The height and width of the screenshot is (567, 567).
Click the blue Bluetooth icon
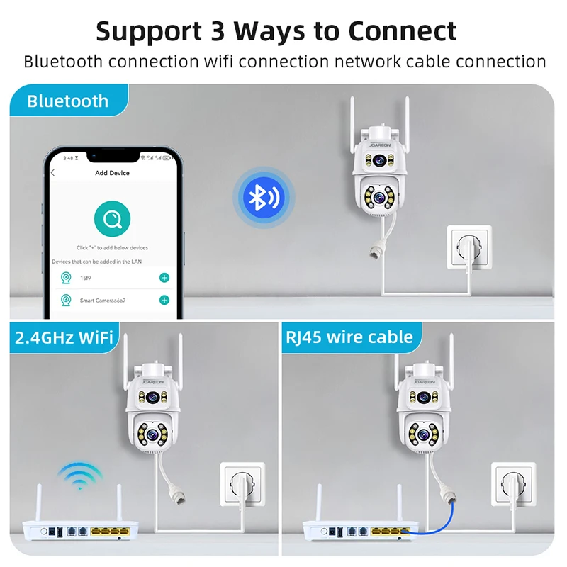[x=262, y=197]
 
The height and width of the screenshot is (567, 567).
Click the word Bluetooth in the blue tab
[x=68, y=101]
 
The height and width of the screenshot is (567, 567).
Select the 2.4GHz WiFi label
[x=64, y=337]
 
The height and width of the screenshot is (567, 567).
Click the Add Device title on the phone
[x=112, y=173]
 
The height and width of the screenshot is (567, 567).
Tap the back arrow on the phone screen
[x=53, y=173]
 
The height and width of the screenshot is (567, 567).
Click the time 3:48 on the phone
[x=69, y=157]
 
